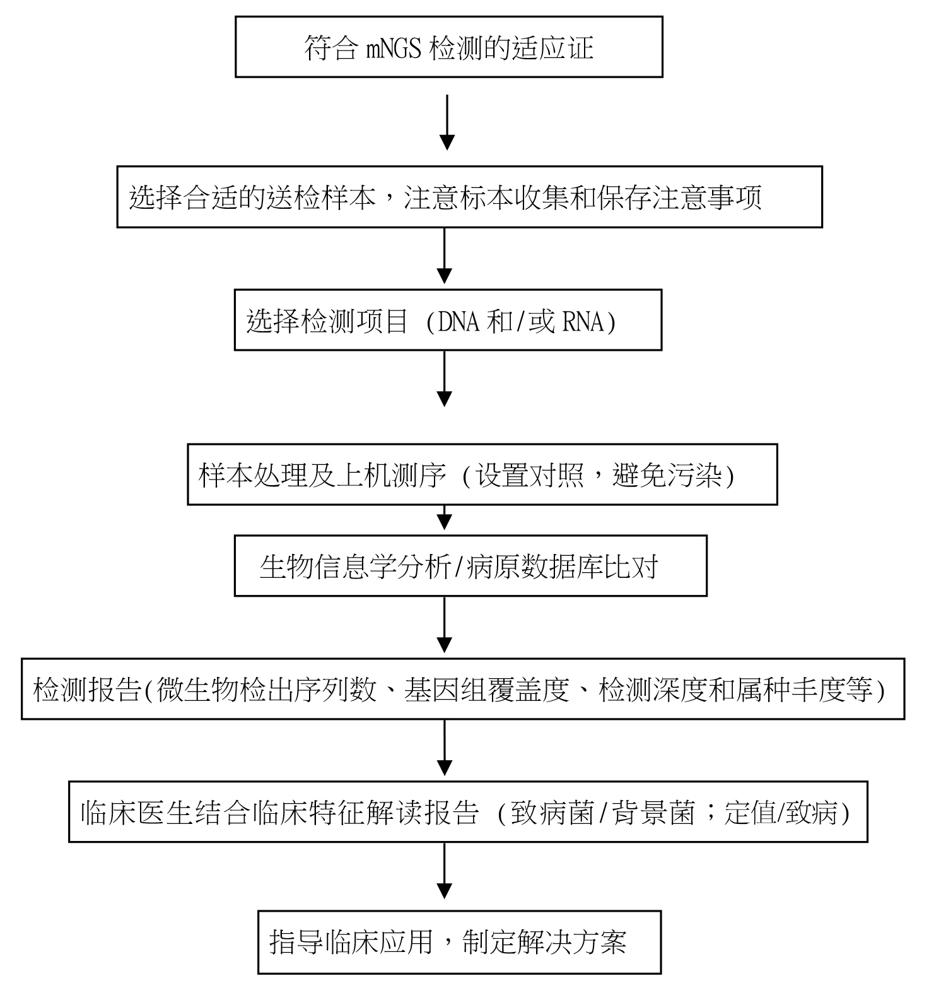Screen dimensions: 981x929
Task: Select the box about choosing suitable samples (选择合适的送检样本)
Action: [469, 197]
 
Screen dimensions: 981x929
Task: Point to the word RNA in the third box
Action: [583, 322]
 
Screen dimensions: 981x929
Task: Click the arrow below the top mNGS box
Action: [447, 122]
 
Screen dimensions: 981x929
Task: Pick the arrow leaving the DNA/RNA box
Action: [445, 379]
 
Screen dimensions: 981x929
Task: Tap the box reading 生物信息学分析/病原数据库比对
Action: [470, 566]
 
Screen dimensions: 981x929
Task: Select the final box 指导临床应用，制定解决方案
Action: [459, 942]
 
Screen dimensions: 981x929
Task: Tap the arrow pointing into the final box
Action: [445, 871]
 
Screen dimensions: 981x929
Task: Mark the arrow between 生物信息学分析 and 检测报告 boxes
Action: [445, 625]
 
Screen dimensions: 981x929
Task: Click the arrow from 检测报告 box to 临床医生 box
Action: [445, 748]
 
